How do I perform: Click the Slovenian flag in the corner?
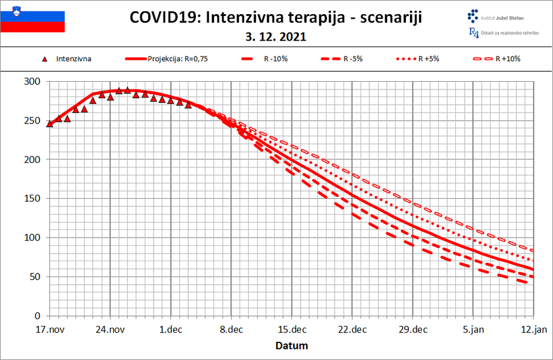tap(32, 17)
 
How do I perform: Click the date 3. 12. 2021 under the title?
tap(276, 36)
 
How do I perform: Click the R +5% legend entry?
tap(428, 59)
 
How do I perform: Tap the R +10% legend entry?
tap(508, 59)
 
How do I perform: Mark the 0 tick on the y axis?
tap(38, 316)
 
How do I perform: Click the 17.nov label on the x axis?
tap(49, 330)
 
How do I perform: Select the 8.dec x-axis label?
tap(231, 330)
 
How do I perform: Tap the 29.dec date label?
tap(412, 330)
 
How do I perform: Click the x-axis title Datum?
tap(291, 345)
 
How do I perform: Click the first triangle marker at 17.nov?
tap(49, 124)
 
